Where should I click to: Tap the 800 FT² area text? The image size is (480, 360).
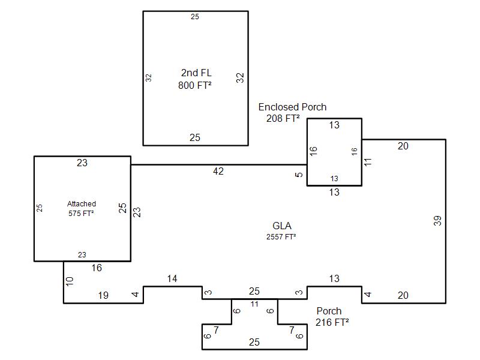(x=194, y=85)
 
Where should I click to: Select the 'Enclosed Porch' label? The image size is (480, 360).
(x=293, y=107)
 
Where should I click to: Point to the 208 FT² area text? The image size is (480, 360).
(x=283, y=118)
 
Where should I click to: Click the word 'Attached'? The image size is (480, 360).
(x=82, y=204)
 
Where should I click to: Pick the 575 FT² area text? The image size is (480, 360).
(x=81, y=213)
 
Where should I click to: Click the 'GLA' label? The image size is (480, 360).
(x=282, y=226)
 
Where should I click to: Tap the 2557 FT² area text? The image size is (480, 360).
(x=281, y=236)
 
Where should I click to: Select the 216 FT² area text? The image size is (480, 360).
(x=332, y=322)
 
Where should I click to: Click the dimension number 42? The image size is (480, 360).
(x=218, y=172)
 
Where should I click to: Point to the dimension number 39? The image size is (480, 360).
(x=438, y=220)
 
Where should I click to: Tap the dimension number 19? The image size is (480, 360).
(x=103, y=295)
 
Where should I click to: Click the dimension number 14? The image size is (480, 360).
(x=172, y=279)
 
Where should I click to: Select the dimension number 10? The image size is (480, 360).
(x=69, y=281)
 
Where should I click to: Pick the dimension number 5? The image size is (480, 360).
(x=299, y=175)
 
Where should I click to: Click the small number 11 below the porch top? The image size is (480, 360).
(x=254, y=304)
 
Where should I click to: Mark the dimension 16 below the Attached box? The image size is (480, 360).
(x=97, y=268)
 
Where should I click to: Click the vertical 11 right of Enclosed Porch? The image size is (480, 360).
(x=368, y=163)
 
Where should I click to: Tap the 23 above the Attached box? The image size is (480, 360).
(x=82, y=163)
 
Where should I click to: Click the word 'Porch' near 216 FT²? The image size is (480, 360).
(x=329, y=311)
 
